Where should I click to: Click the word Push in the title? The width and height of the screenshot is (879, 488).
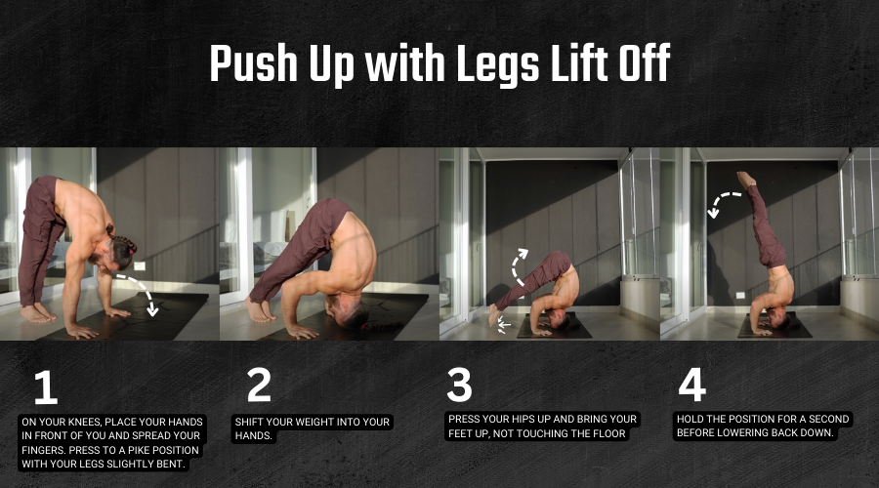pyautogui.click(x=254, y=63)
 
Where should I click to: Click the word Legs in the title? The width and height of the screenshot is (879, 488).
pyautogui.click(x=498, y=65)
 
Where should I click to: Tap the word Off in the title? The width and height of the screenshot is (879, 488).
pyautogui.click(x=645, y=62)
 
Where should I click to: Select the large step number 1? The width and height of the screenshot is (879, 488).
pyautogui.click(x=45, y=387)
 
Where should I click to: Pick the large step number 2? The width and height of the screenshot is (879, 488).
pyautogui.click(x=259, y=385)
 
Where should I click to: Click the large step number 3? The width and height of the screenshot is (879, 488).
pyautogui.click(x=459, y=385)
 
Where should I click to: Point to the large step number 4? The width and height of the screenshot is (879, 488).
pyautogui.click(x=691, y=385)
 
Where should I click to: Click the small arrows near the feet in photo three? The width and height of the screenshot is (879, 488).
pyautogui.click(x=503, y=326)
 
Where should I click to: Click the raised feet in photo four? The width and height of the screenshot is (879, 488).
pyautogui.click(x=745, y=180)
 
